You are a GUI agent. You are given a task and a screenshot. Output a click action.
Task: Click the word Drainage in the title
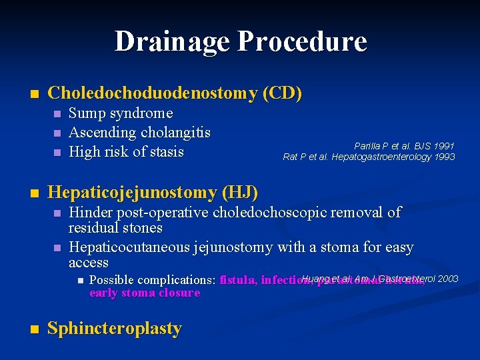pyautogui.click(x=172, y=41)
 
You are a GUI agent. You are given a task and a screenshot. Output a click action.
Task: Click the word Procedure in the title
pyautogui.click(x=302, y=41)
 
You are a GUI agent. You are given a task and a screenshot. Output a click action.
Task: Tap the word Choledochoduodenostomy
pyautogui.click(x=153, y=94)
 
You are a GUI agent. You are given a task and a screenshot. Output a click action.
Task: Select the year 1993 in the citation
pyautogui.click(x=443, y=157)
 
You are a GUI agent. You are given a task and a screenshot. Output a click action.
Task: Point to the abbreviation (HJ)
pyautogui.click(x=241, y=193)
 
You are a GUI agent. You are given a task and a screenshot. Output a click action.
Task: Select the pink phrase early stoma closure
pyautogui.click(x=145, y=293)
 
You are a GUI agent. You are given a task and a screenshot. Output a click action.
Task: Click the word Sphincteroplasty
pyautogui.click(x=115, y=329)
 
